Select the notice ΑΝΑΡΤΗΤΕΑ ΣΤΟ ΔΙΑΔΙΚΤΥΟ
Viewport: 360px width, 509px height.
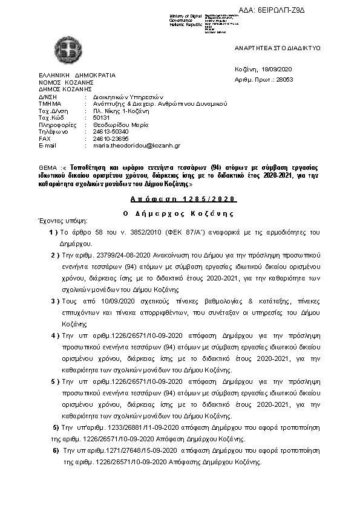pyautogui.click(x=277, y=48)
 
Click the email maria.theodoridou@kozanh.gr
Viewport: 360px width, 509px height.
pyautogui.click(x=136, y=146)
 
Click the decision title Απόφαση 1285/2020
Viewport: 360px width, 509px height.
pyautogui.click(x=183, y=199)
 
